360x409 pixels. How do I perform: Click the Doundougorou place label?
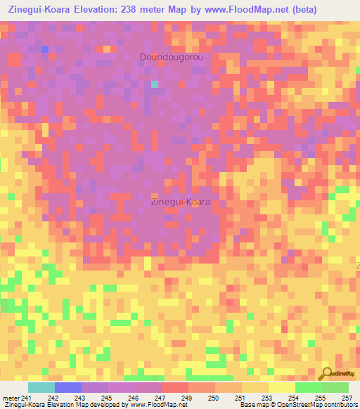pos(172,57)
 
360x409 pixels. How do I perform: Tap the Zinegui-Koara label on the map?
pos(181,202)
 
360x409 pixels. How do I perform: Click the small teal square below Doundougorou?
pos(154,85)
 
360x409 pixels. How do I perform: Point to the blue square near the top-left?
pos(45,49)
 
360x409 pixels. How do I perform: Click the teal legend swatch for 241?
pos(41,387)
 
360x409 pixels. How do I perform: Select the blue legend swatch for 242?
pos(67,387)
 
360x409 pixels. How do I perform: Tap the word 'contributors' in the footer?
pos(339,405)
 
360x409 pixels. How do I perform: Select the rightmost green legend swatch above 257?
pos(335,387)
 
